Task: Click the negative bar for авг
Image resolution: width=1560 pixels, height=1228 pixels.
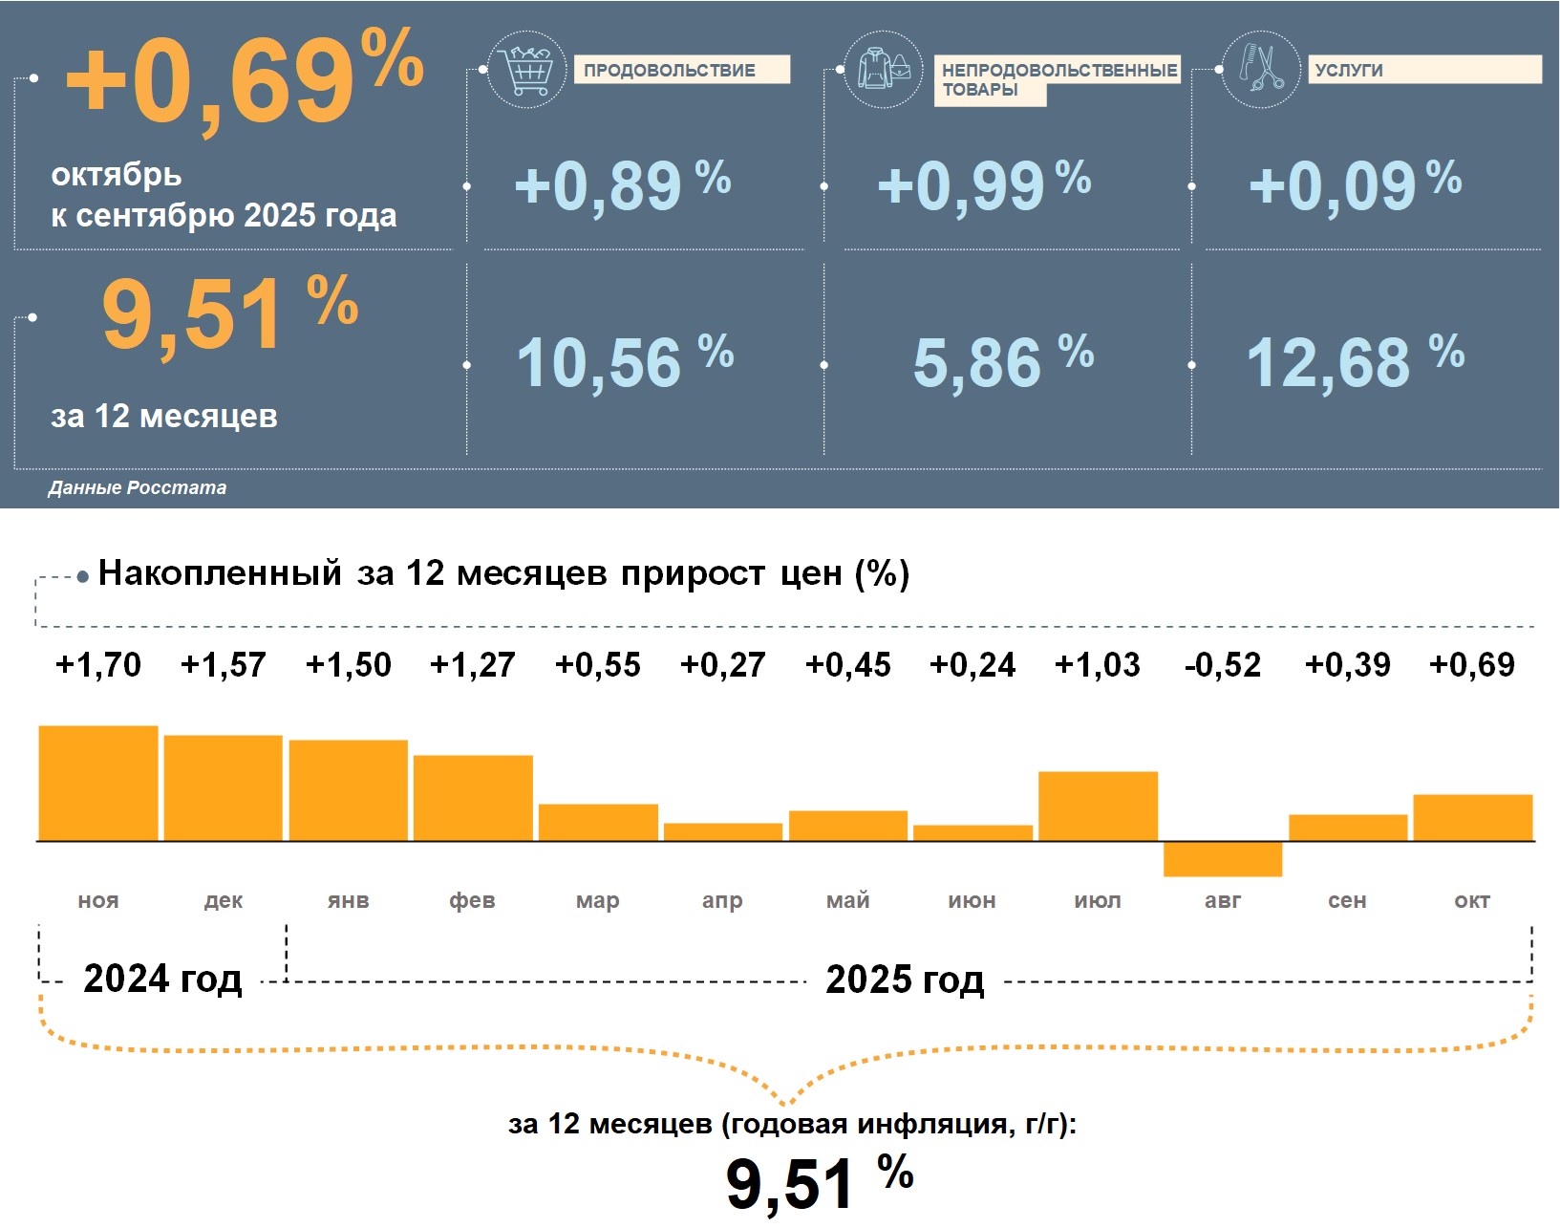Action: [x=1222, y=859]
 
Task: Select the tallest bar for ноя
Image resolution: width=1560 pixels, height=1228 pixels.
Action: [x=98, y=784]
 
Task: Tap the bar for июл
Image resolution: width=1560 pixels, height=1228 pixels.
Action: [x=1098, y=807]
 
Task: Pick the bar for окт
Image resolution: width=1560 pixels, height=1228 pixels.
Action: [x=1472, y=818]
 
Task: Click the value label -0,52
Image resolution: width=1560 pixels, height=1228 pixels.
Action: [x=1222, y=665]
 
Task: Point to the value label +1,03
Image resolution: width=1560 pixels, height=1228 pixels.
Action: [x=1097, y=665]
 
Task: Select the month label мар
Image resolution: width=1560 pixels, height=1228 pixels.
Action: [x=598, y=900]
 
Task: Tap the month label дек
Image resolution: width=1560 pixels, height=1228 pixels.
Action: [x=224, y=900]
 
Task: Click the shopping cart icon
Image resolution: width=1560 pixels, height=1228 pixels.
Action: [x=526, y=70]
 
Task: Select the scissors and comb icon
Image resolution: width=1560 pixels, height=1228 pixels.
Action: [x=1261, y=70]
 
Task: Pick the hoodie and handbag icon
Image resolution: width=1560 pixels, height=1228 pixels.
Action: [x=884, y=70]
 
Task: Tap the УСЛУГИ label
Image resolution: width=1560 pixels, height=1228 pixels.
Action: [x=1349, y=71]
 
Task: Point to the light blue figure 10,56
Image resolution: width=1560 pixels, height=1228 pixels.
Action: [x=599, y=363]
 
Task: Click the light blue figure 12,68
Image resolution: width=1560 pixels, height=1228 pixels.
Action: [x=1328, y=363]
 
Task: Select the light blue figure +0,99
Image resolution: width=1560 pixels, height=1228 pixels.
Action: [x=960, y=185]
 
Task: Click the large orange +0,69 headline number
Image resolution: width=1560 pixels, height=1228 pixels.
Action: [x=210, y=81]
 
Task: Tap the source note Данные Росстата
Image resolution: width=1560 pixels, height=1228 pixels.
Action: [x=138, y=488]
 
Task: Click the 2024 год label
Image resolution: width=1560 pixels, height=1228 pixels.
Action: [x=162, y=980]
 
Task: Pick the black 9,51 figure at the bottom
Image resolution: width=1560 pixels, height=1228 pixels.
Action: [x=789, y=1185]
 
